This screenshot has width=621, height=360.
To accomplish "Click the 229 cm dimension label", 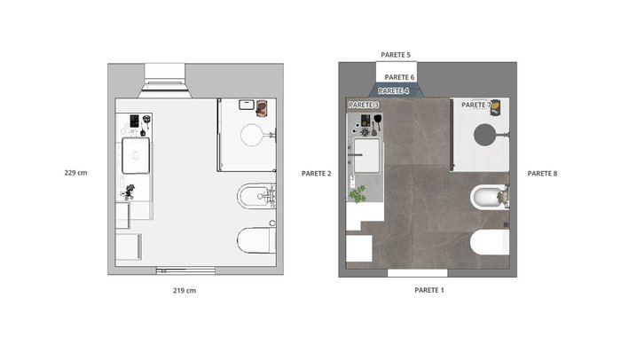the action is (75, 173).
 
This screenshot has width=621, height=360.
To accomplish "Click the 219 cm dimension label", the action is (185, 290).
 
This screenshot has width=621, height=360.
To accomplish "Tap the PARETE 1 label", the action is (429, 290).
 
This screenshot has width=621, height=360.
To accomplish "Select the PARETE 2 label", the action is (316, 174).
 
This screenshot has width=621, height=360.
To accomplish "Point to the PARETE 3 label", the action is (364, 105).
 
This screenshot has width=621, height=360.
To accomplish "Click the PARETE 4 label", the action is (393, 91).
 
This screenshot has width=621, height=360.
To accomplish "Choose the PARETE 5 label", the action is (396, 55).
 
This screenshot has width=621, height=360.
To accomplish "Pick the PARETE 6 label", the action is (399, 77).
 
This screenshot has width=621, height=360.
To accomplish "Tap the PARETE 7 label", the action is (476, 105).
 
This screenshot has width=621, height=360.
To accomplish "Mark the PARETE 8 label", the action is (542, 174).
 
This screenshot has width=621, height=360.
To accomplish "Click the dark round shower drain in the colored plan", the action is (484, 135).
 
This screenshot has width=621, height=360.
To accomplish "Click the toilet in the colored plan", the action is (490, 241).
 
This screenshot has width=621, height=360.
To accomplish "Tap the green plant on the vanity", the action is (358, 194).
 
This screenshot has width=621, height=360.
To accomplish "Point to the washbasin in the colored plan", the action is (366, 155).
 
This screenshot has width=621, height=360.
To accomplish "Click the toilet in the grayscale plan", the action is (256, 240).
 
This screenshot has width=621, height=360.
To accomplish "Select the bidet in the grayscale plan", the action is (256, 196).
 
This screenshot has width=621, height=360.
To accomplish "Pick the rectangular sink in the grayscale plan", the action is (136, 155).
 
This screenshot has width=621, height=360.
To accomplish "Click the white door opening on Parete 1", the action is (418, 273).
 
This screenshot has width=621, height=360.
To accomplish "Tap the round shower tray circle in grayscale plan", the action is (252, 135).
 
